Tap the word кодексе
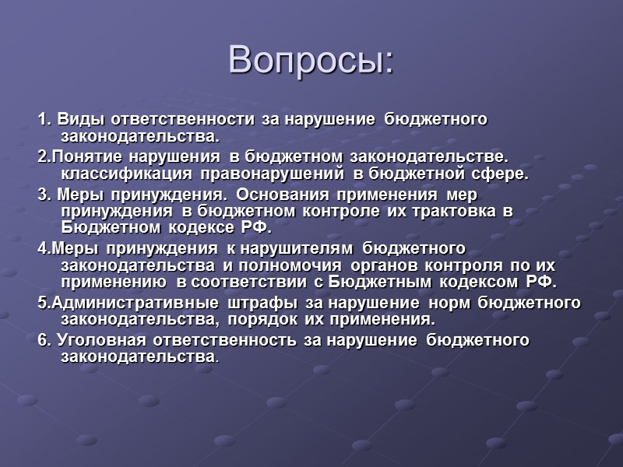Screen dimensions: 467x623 [198, 229]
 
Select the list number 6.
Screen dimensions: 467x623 [42, 339]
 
